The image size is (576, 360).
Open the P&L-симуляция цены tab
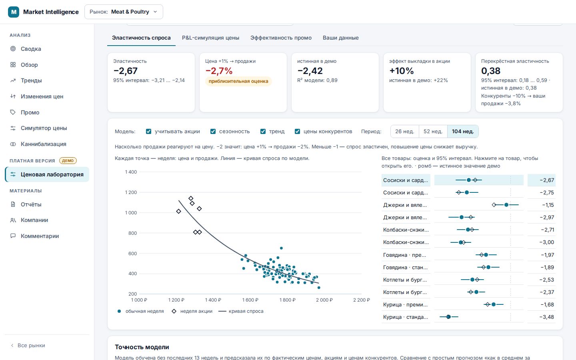point(210,38)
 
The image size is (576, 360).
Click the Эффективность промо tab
point(281,38)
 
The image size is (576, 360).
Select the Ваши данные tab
point(340,38)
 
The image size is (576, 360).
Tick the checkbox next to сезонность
point(213,131)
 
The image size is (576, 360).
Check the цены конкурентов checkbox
point(297,131)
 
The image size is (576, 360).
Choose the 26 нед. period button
point(404,131)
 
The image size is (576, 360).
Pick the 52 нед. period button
point(433,131)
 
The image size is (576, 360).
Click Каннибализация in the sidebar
point(43,144)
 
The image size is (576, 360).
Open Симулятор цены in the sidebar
point(44,128)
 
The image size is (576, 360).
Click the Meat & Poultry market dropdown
point(124,12)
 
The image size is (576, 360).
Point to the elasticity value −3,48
point(547,317)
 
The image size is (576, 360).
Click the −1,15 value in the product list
point(548,205)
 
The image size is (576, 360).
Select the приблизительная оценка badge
point(238,81)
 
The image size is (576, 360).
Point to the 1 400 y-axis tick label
point(131,172)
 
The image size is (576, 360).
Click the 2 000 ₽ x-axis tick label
point(324,300)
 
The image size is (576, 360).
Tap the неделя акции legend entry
point(192,311)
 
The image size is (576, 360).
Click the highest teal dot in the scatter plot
point(281,248)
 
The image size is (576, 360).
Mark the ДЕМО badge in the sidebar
point(68,161)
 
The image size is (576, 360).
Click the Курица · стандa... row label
point(406,317)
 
